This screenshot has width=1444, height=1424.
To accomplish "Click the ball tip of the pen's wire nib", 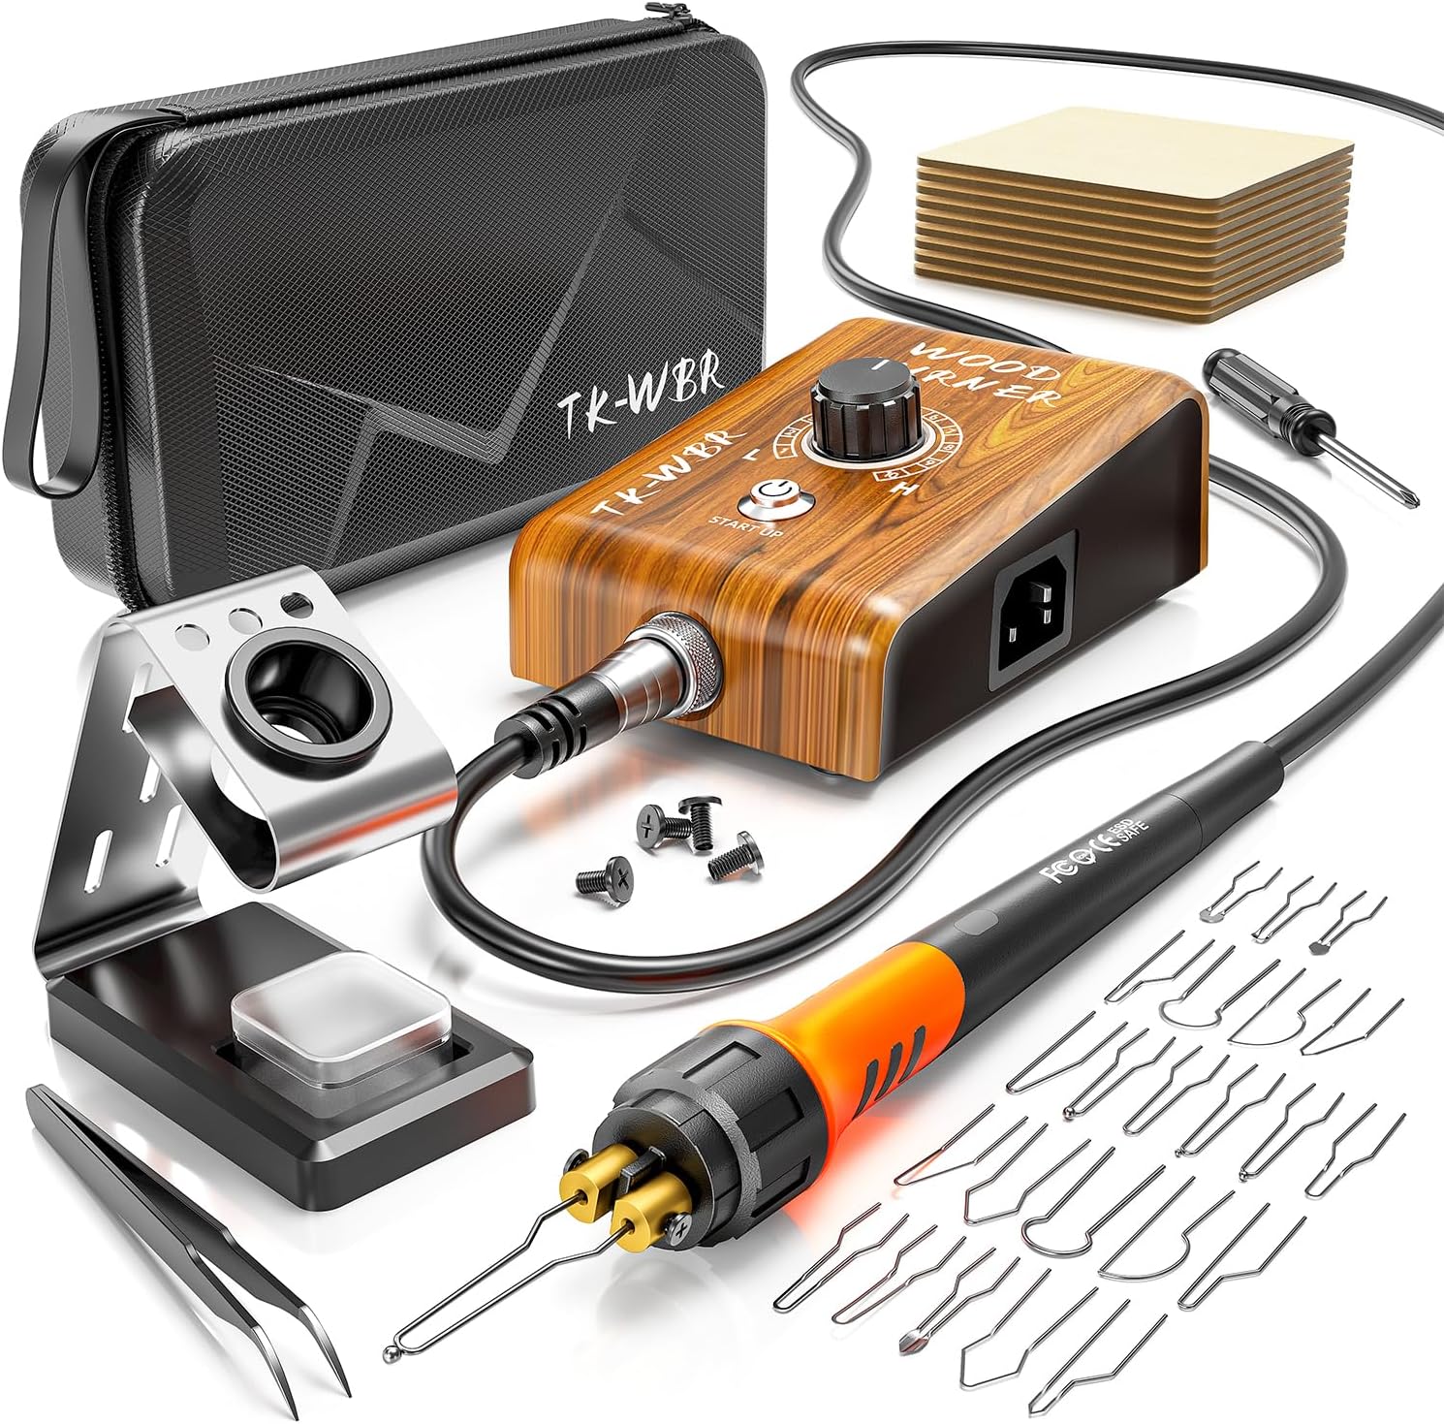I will click(x=392, y=1350).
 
